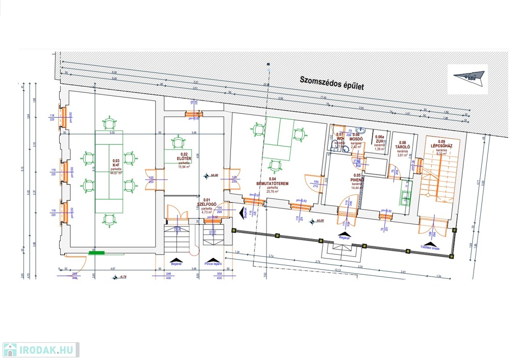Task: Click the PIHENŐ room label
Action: coord(356,179)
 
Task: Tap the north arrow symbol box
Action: coord(467,79)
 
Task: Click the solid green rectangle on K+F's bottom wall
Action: coord(96,252)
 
